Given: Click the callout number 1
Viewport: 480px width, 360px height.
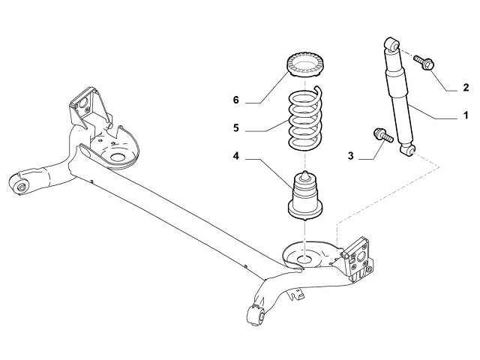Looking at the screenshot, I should coord(465,115).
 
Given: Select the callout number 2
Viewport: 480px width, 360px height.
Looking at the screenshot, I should coord(465,88).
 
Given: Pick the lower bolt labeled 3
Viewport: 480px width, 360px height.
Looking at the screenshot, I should coord(381,136).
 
